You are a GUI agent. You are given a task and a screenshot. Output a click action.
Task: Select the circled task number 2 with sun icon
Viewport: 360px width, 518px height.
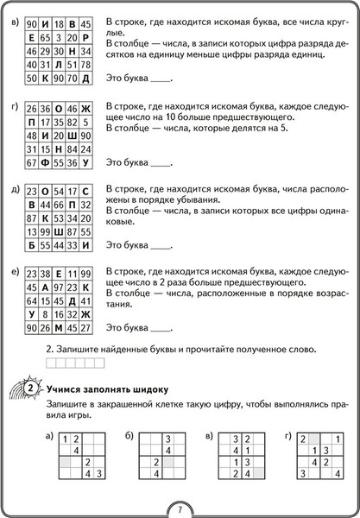pyautogui.click(x=28, y=388)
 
